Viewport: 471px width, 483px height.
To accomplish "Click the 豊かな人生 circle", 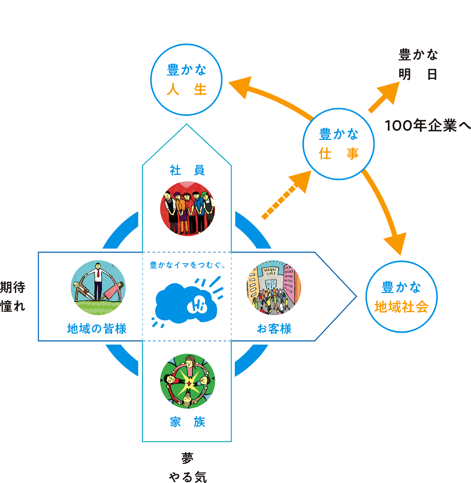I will [x=186, y=80].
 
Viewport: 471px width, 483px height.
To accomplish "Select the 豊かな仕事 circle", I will [x=339, y=144].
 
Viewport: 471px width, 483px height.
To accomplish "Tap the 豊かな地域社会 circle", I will [x=401, y=297].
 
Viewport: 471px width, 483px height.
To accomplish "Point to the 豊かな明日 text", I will [x=418, y=64].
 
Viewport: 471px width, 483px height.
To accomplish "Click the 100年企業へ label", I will [x=427, y=126].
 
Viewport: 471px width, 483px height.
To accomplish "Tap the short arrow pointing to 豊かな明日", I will [x=384, y=97].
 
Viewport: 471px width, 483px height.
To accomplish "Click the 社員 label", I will [x=187, y=170].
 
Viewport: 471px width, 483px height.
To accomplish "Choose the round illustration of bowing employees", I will [x=187, y=209].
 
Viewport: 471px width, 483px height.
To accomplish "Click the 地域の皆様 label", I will [x=97, y=329].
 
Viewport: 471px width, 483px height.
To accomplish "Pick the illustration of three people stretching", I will [x=98, y=288].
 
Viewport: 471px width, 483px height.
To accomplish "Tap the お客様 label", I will [x=274, y=329].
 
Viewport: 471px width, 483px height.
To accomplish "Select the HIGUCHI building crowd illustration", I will [x=274, y=288].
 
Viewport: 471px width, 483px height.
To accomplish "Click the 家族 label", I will [x=187, y=422].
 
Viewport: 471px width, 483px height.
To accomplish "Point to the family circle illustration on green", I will [x=187, y=381].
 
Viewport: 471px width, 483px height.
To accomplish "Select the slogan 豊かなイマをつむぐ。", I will [x=187, y=265].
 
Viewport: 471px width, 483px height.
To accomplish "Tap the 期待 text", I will [x=13, y=287].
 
